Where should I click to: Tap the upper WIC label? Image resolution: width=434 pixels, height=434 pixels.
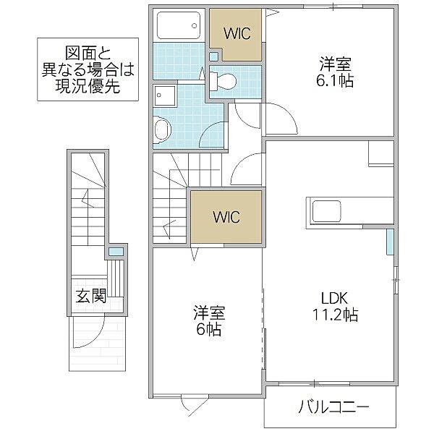point(237,33)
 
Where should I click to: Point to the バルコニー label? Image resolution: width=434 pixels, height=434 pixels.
point(333,407)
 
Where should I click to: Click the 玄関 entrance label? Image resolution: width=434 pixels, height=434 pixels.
point(90,295)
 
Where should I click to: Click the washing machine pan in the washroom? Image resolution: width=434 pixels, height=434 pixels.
point(164,96)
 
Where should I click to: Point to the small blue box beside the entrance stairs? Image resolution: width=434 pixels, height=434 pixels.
point(115,252)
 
